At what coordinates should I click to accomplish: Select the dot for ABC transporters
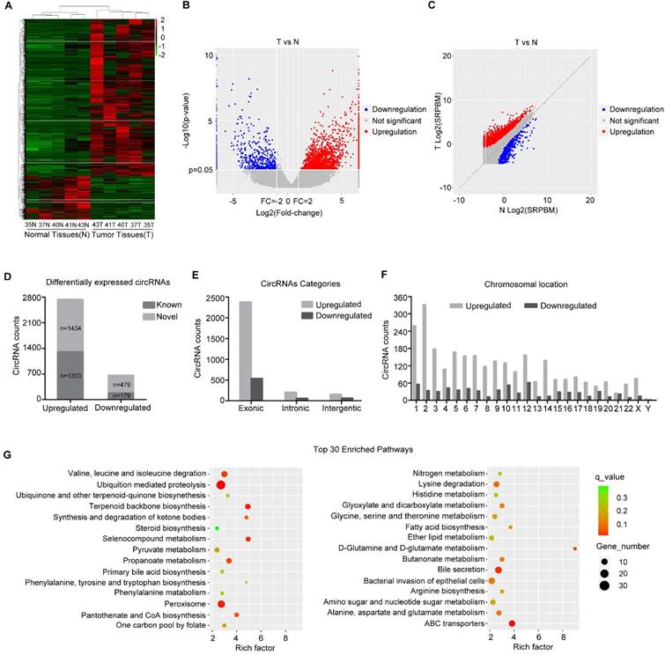pyautogui.click(x=512, y=623)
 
